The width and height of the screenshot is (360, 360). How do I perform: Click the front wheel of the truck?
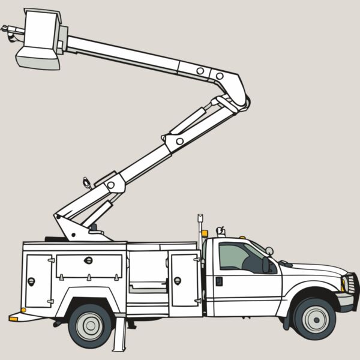[314, 319]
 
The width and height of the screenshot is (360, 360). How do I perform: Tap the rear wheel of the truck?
[90, 325]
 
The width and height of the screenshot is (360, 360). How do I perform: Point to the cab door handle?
[219, 281]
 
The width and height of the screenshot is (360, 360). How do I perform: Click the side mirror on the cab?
[266, 265]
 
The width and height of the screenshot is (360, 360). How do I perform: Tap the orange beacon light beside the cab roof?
[205, 233]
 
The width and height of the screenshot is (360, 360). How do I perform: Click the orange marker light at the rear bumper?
[13, 319]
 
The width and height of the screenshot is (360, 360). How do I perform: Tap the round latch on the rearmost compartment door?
[31, 281]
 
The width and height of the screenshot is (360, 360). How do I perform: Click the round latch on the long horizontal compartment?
[89, 260]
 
